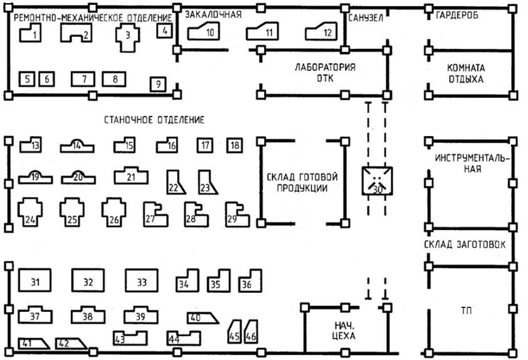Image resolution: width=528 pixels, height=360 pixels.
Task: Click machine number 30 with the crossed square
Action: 378,181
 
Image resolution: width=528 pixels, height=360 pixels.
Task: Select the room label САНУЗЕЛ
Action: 365,18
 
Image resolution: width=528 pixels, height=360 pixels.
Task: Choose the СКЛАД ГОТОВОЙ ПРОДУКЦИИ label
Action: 302,182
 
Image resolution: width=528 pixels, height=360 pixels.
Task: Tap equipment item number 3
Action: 127,36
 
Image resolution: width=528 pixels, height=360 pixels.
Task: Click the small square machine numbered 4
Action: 165,30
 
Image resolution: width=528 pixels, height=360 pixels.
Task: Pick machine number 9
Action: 158,83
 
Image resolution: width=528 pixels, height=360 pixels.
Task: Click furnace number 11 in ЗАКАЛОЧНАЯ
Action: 268,32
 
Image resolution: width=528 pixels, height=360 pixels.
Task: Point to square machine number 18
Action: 235,146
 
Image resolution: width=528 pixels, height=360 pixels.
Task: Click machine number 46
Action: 251,333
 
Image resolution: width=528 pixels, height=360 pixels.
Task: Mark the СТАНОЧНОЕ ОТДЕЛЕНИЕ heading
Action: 154,119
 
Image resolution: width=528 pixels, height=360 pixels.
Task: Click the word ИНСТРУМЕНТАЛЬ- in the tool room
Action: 472,158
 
